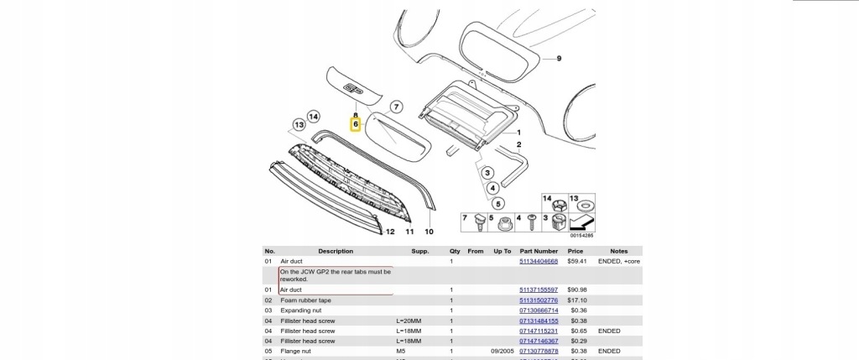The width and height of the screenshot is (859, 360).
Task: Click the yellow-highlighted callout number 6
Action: (x=356, y=124)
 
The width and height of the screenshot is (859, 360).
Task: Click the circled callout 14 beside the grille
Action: (x=313, y=117)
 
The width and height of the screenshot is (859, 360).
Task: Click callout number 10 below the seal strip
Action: (x=428, y=230)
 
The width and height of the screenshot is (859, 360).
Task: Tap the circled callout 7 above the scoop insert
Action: (x=397, y=107)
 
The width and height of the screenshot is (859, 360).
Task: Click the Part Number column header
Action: (x=538, y=251)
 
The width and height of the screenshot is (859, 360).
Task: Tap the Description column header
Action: (x=335, y=251)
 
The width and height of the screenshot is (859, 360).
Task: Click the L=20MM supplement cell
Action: (x=408, y=321)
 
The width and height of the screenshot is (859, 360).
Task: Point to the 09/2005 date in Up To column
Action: (x=502, y=351)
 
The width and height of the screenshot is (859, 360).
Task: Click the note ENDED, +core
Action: (x=619, y=262)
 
